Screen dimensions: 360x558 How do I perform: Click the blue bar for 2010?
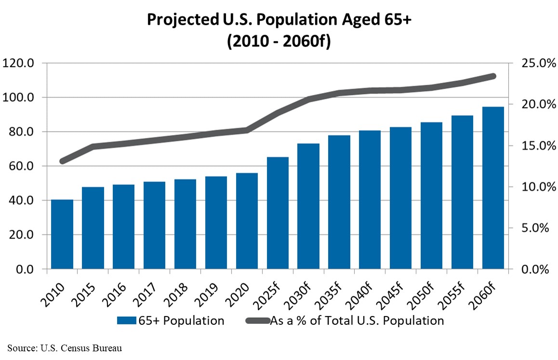tap(62, 234)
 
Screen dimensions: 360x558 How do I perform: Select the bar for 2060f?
tap(493, 188)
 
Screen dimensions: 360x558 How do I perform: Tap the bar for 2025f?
tap(278, 213)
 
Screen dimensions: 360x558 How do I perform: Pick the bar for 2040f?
tap(370, 200)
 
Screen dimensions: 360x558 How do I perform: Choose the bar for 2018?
tap(185, 224)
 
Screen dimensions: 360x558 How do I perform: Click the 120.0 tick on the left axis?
tap(19, 63)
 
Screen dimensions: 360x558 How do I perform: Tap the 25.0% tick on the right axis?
tap(533, 63)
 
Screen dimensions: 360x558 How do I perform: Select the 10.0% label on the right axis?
tap(533, 187)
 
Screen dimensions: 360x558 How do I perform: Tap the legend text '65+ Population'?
tap(181, 321)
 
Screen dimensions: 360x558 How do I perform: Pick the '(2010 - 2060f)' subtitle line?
tap(279, 42)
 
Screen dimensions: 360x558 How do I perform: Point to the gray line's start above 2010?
tap(62, 161)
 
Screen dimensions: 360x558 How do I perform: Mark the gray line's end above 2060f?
tap(493, 76)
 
